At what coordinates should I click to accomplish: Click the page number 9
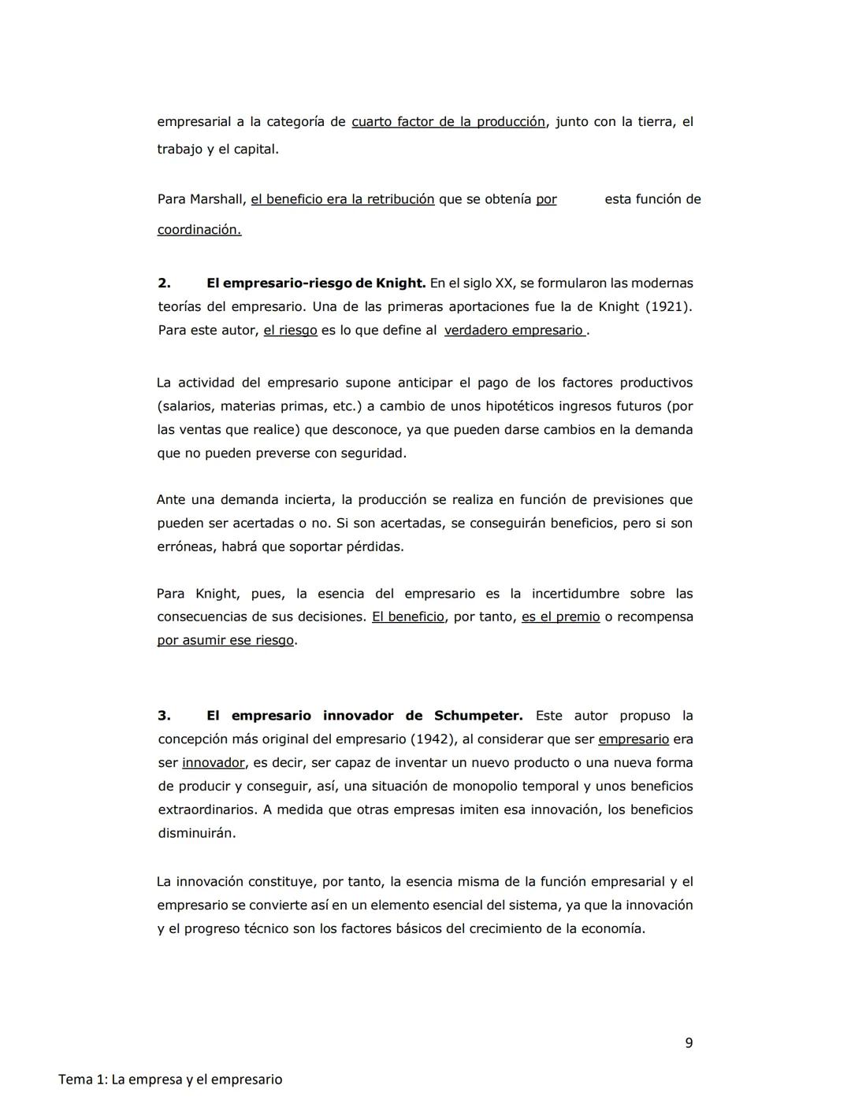[x=689, y=1043]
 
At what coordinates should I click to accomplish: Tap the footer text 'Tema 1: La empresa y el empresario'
[x=170, y=1079]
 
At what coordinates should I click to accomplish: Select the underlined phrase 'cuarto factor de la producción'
[x=448, y=122]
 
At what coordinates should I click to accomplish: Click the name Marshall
[x=217, y=199]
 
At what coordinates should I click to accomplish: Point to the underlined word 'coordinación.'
[x=199, y=230]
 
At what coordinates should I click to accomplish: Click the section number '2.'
[x=164, y=283]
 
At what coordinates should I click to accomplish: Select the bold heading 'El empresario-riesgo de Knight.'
[x=316, y=283]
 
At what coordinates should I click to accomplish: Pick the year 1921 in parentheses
[x=667, y=306]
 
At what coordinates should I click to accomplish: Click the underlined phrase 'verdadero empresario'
[x=514, y=331]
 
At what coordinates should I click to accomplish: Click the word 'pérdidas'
[x=374, y=546]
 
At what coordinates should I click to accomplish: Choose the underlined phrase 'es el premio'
[x=560, y=617]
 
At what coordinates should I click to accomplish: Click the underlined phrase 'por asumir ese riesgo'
[x=225, y=640]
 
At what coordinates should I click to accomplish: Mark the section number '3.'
[x=164, y=716]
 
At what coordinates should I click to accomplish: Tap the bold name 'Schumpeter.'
[x=478, y=716]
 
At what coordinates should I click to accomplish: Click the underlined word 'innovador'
[x=214, y=763]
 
